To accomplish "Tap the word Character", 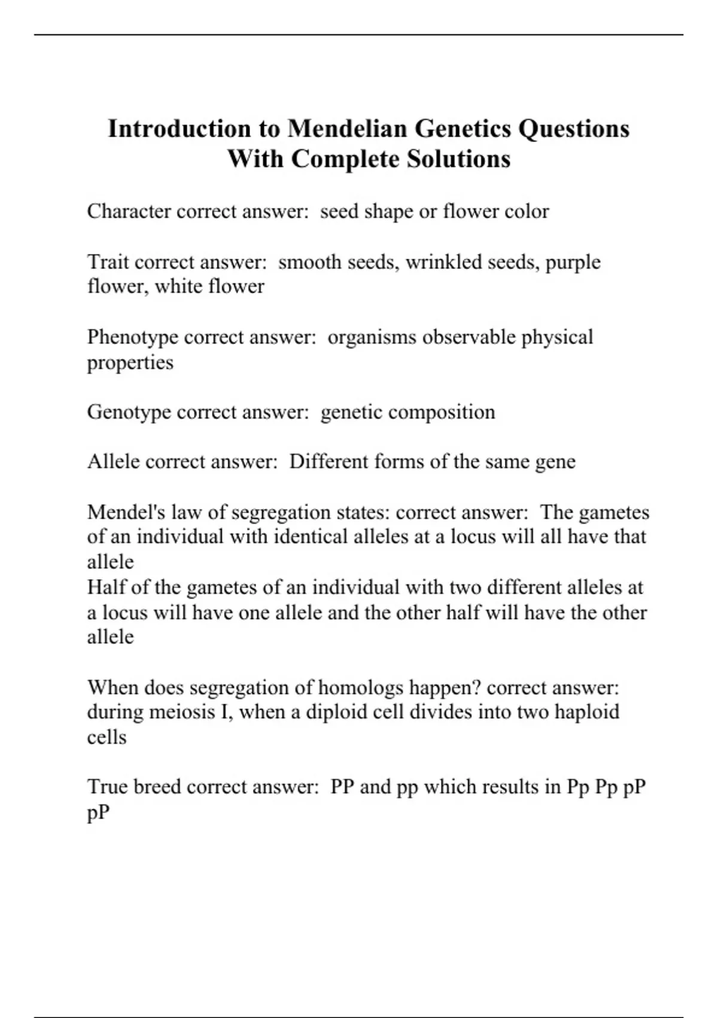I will (129, 211).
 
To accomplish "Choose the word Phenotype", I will (132, 338).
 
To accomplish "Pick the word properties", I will (130, 363).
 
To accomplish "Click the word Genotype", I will (129, 413).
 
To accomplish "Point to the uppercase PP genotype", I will (343, 787).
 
